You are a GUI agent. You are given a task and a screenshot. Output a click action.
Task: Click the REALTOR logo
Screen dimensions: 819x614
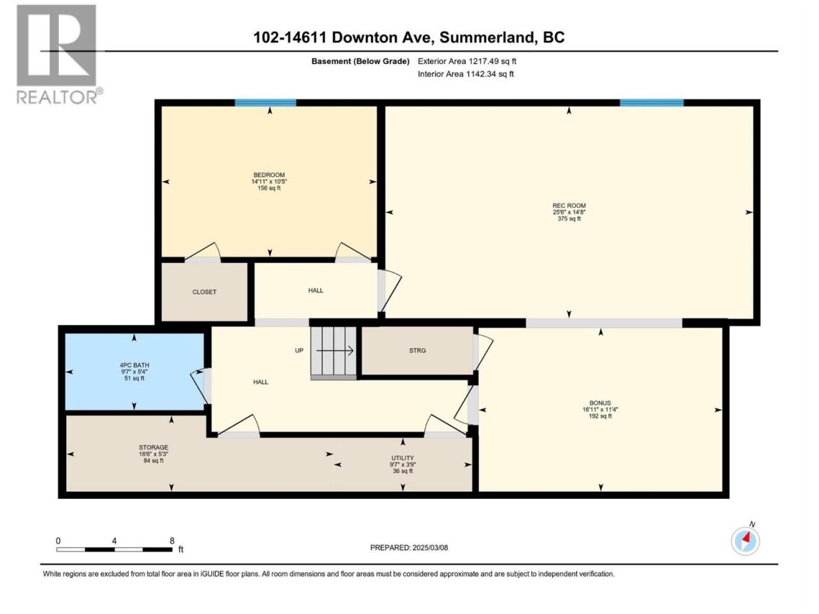(59, 54)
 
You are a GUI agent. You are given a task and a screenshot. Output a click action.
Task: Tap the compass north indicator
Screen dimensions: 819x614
(745, 540)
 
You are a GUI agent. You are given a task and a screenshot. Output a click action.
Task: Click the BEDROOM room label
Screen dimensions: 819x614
(269, 175)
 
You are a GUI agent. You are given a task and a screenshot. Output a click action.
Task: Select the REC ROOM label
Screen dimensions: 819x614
(569, 205)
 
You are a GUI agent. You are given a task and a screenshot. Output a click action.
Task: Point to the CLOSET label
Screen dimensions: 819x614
(204, 292)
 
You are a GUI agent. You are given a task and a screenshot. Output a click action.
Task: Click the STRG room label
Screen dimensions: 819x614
(417, 350)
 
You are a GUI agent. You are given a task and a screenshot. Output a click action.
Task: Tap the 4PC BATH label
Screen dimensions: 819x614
(134, 365)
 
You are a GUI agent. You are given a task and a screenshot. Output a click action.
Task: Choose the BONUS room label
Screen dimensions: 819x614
(600, 403)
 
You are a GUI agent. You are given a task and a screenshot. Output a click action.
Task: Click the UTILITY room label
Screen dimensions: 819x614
(402, 458)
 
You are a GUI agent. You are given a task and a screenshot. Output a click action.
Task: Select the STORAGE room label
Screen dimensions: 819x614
(154, 447)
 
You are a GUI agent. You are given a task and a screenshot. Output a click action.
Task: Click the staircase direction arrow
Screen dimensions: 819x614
(335, 350)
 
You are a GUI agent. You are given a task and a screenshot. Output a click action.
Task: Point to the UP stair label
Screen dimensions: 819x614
(299, 350)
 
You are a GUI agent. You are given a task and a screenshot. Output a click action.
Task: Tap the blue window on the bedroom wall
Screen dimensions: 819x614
(266, 102)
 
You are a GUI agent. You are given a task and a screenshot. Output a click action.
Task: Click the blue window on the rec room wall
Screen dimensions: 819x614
(651, 102)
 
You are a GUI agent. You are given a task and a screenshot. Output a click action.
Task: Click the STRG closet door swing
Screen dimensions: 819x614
(484, 352)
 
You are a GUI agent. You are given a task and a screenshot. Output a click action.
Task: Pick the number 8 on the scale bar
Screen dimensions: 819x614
(171, 541)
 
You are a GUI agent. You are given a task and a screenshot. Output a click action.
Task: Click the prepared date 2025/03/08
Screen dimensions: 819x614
(430, 547)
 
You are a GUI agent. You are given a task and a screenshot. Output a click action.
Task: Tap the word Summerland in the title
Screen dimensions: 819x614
(486, 38)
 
